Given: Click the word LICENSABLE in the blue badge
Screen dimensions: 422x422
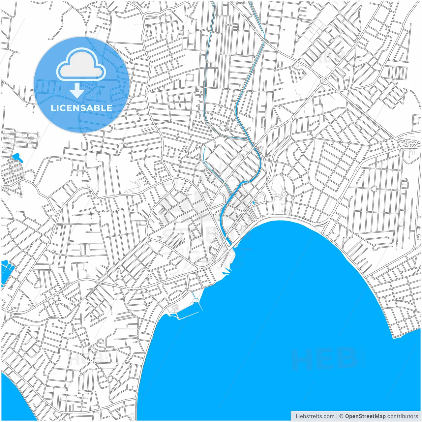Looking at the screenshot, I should click(81, 108).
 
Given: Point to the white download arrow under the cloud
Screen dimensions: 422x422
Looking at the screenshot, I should click(77, 90).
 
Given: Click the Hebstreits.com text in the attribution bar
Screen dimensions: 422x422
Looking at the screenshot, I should click(315, 416).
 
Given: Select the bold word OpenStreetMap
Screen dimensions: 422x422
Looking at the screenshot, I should click(365, 416).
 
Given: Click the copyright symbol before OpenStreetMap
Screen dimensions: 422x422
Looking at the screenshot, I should click(342, 416).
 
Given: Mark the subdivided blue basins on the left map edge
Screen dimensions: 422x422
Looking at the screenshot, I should click(7, 272).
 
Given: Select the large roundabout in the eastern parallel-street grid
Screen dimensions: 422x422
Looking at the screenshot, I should click(374, 189).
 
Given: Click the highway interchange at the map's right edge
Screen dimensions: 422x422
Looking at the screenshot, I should click(410, 143).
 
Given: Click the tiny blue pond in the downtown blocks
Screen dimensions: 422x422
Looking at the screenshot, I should click(254, 202).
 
